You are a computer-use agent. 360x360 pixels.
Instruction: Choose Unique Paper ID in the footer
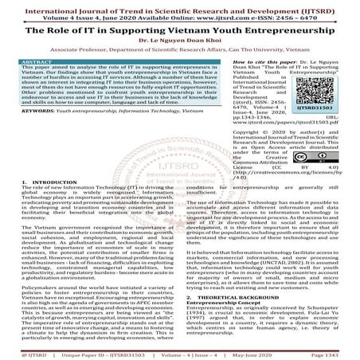(x=76, y=354)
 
